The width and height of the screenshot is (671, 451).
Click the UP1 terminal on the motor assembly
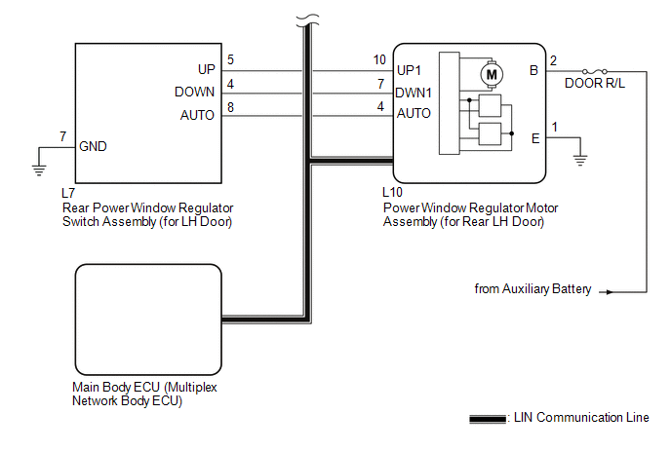click(412, 71)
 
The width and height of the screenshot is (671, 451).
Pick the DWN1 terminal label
click(415, 93)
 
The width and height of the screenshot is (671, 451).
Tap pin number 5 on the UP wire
click(230, 60)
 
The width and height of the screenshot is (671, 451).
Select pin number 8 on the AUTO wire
click(230, 106)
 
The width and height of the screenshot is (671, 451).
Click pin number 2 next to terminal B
click(553, 60)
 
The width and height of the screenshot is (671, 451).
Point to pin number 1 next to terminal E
click(555, 128)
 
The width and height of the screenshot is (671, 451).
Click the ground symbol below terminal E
click(580, 159)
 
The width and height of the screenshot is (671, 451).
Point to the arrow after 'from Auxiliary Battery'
click(608, 290)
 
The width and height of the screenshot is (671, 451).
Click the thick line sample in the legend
click(487, 419)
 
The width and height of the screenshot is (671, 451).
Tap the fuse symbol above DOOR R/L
click(594, 71)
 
